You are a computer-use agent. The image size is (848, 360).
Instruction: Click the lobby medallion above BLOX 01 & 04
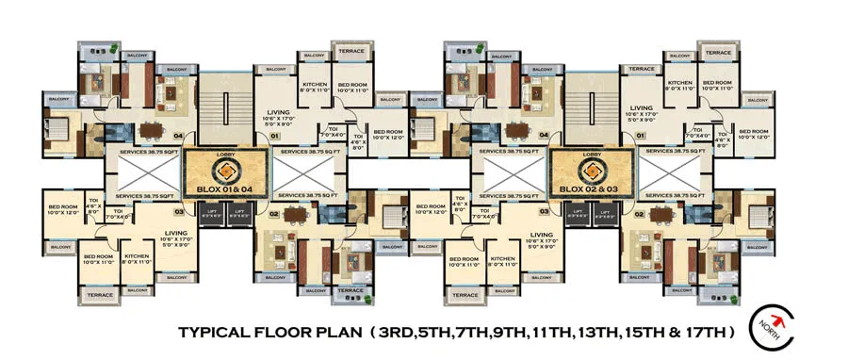point(226,171)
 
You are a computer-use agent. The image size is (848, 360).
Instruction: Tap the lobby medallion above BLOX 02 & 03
point(592,171)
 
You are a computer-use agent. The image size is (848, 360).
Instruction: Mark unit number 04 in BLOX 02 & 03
point(543,136)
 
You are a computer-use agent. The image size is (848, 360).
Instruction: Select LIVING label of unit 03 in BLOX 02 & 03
point(541,235)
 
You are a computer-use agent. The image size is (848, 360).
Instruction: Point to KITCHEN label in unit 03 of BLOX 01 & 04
point(137,255)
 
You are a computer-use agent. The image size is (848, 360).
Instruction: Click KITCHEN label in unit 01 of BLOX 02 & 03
point(679,83)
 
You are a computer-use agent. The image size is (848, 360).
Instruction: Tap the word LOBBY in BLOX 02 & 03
point(592,154)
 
